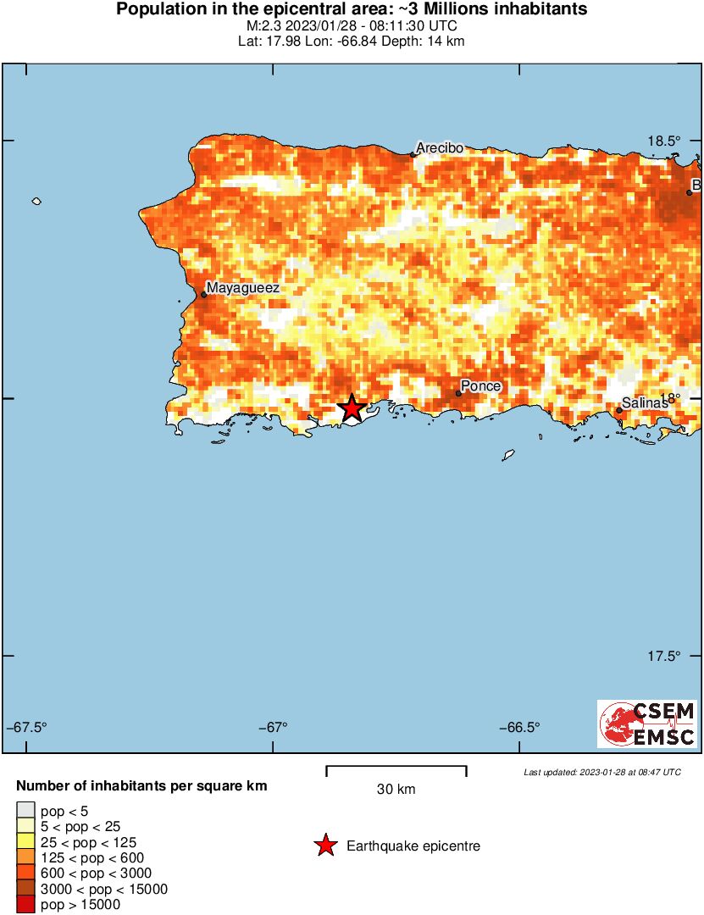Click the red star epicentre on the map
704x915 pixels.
coord(352,408)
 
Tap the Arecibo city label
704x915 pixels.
coord(440,147)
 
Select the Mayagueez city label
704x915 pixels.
coord(243,288)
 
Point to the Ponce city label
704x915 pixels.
coord(481,386)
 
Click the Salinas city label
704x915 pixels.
coord(645,403)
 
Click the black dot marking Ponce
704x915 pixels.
coord(458,393)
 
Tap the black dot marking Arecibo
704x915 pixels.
coord(413,154)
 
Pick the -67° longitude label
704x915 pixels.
coord(272,727)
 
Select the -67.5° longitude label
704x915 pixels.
coord(27,727)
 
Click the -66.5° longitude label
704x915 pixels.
coord(518,727)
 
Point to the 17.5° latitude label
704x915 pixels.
coord(665,656)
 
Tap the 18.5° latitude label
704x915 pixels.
coord(665,141)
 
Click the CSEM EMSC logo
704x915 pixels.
coord(648,724)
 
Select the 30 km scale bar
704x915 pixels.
coord(396,771)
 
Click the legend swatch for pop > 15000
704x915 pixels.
coord(25,905)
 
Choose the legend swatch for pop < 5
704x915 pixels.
coord(25,812)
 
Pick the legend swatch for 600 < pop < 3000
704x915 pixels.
coord(25,873)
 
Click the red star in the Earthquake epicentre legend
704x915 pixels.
coord(324,846)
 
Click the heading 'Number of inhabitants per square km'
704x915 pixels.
coord(141,786)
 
